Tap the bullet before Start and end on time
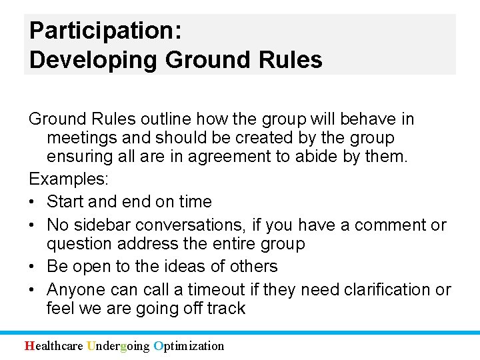33,202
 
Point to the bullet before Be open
33,266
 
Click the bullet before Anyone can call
33,290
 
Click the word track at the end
227,309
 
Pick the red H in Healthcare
29,345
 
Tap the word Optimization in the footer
189,345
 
